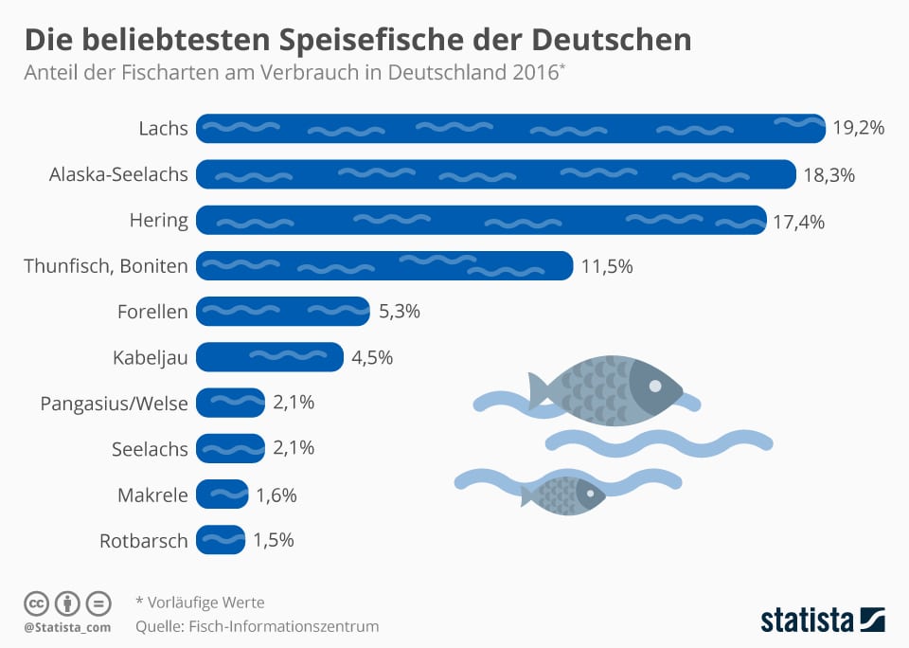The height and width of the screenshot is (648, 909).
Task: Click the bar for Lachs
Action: pos(511,128)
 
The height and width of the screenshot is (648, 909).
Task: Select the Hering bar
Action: pos(481,220)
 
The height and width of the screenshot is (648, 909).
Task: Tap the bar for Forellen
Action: pos(283,311)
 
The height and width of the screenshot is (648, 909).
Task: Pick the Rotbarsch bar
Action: pos(221,540)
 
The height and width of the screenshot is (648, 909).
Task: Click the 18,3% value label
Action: pos(829,174)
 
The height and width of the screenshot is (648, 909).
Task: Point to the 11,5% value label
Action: pos(606,266)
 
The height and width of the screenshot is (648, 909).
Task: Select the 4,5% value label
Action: pos(372,357)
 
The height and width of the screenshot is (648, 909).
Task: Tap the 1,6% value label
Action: pos(276,494)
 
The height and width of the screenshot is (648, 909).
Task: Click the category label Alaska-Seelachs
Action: pos(118,174)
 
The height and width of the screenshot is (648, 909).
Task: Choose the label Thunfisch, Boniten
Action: pos(106,266)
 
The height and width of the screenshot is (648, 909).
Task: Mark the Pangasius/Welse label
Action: pos(114,404)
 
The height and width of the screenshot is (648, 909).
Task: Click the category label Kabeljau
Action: pos(150,358)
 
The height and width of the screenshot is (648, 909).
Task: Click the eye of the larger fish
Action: pos(654,384)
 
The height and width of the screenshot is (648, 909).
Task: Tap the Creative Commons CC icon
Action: pos(37,603)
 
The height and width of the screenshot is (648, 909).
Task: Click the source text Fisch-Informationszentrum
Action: pos(284,626)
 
